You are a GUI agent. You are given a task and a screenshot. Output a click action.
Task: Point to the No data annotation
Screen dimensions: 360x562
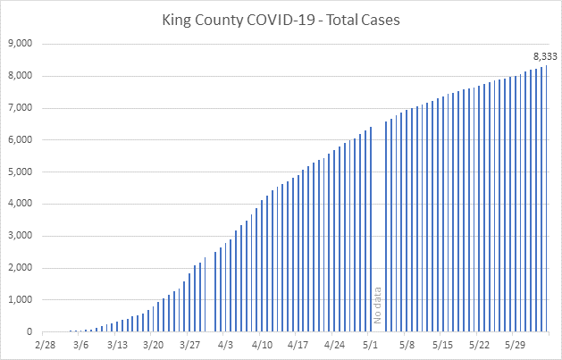point(377,306)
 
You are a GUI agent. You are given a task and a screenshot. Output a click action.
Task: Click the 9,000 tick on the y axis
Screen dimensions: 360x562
point(20,43)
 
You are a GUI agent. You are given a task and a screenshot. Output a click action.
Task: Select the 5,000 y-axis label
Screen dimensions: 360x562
point(20,172)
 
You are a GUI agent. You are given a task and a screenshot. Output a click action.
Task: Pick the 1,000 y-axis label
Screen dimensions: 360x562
point(20,300)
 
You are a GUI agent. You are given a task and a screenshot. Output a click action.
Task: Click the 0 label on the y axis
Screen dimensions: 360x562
point(30,332)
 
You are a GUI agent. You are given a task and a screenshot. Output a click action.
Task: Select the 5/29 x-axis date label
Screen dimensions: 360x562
point(516,345)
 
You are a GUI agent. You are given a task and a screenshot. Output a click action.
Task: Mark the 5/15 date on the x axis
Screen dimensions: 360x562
point(443,345)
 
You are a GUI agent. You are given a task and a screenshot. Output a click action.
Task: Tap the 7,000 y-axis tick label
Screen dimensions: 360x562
point(20,107)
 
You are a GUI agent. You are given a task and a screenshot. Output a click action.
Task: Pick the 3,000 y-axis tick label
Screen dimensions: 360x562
point(20,236)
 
